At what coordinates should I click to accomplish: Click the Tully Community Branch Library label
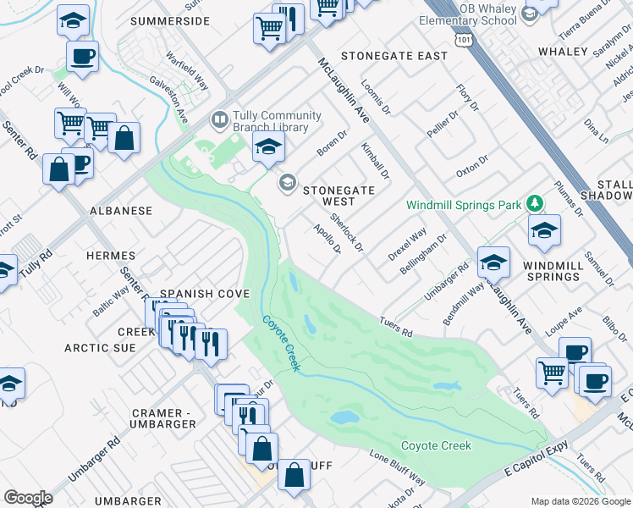point(277,121)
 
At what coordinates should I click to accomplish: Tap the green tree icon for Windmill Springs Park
point(534,203)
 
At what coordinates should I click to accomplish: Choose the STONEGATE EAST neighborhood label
point(394,56)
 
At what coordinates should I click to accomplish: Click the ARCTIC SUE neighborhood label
point(100,348)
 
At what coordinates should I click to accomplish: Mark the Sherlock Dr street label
point(346,233)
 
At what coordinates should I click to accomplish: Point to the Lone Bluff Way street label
point(397,467)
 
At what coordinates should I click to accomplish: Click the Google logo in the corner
point(28,498)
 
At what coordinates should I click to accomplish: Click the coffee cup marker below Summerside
point(82,58)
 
